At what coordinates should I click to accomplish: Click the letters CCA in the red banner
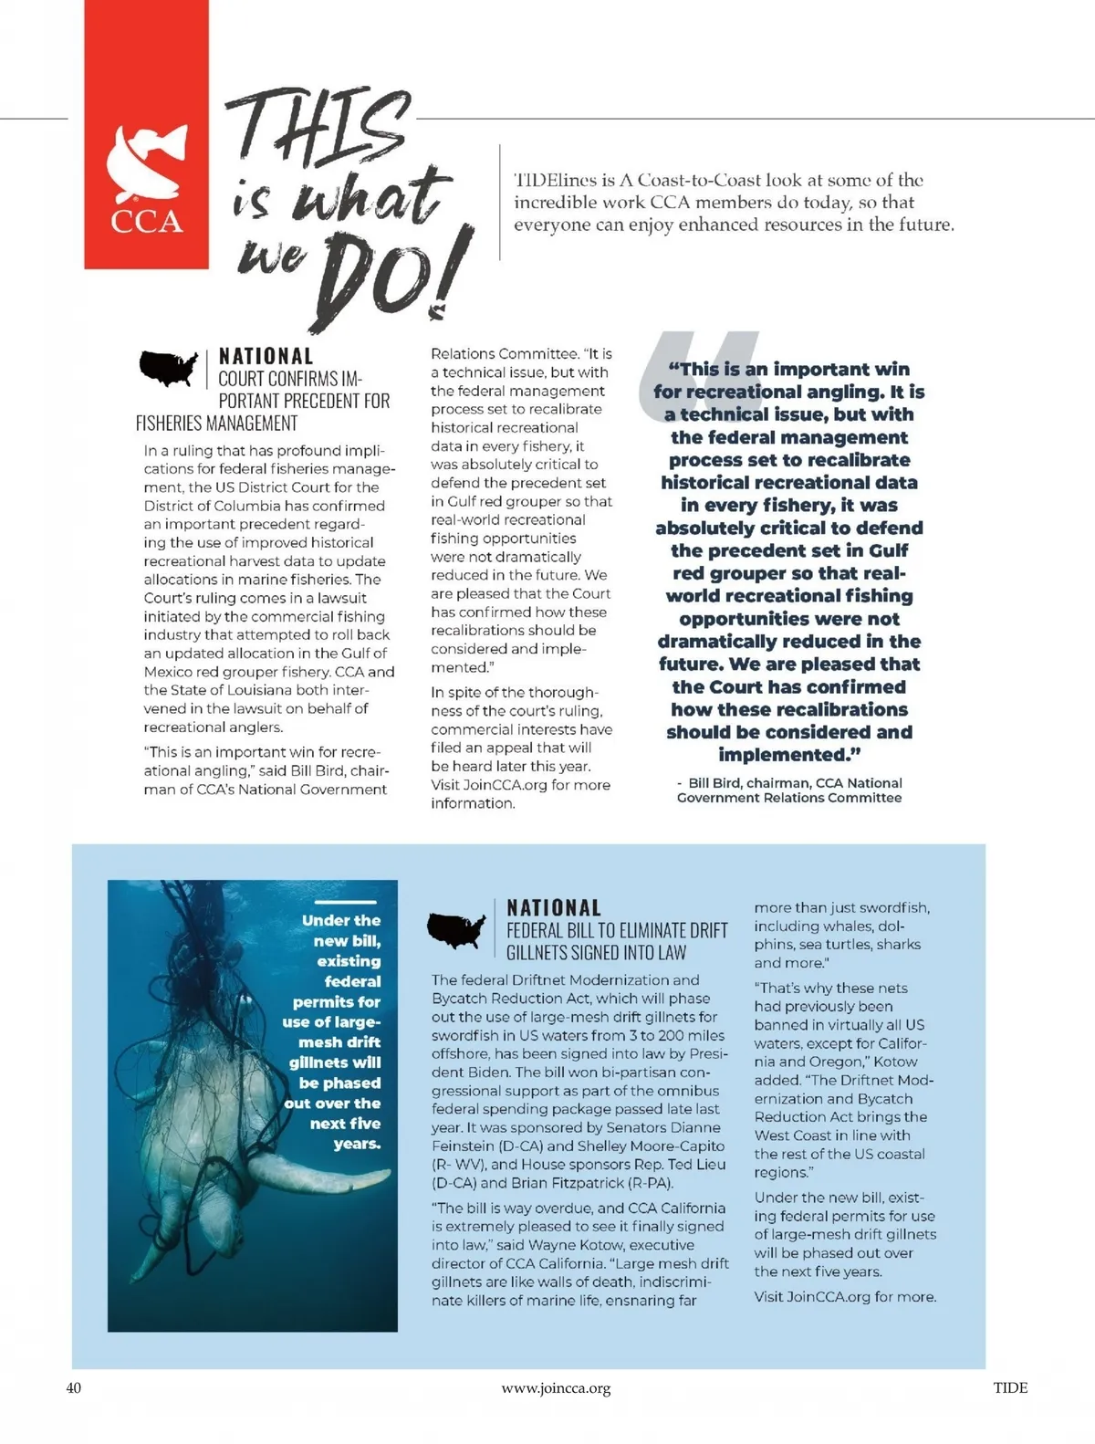(x=146, y=222)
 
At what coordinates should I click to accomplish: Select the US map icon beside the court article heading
(x=168, y=367)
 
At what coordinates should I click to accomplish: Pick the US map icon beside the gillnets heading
(x=456, y=929)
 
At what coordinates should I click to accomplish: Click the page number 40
(x=74, y=1387)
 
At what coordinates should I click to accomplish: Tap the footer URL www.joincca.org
(x=556, y=1388)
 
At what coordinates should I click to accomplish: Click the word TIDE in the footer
(x=1010, y=1387)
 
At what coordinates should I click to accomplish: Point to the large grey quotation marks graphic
(x=698, y=374)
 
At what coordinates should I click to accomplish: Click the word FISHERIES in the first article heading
(x=170, y=424)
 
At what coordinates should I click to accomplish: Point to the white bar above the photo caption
(x=344, y=902)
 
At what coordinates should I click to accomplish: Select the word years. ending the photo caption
(x=357, y=1144)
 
